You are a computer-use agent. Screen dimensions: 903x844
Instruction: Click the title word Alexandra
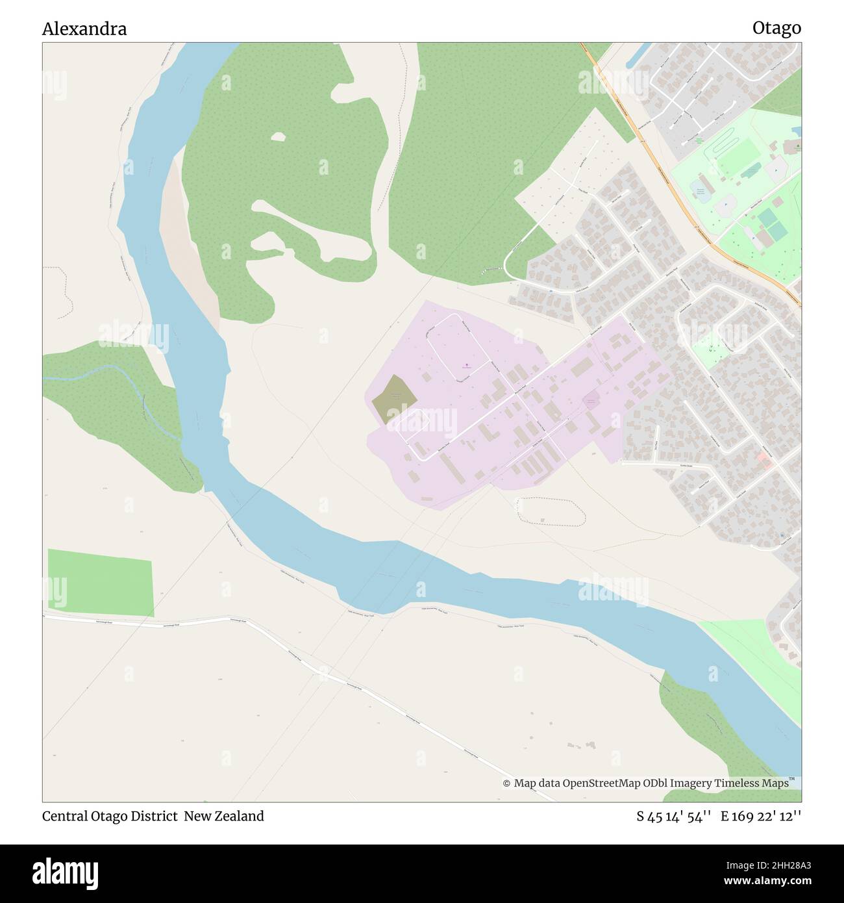coord(84,29)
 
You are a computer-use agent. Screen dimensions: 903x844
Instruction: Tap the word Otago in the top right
coord(776,28)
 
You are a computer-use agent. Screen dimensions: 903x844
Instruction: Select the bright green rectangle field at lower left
coord(101,583)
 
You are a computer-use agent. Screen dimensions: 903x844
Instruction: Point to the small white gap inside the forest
coord(279,137)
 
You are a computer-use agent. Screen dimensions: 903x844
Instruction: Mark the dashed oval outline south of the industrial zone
coord(551,511)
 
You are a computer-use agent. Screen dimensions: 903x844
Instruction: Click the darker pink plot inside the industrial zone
coord(591,400)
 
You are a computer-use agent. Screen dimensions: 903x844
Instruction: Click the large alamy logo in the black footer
coord(66,872)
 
